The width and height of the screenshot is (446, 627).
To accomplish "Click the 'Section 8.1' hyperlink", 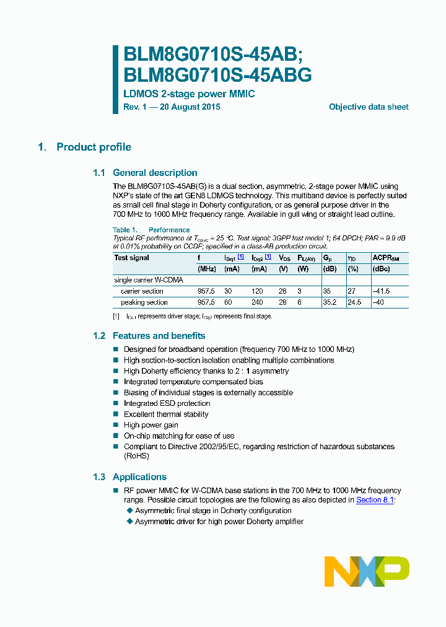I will [x=375, y=500].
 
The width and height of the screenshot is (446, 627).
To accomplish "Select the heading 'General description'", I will [x=155, y=173].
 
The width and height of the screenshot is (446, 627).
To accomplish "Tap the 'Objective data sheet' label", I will [x=369, y=107].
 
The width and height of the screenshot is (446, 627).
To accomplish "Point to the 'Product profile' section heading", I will [x=94, y=147].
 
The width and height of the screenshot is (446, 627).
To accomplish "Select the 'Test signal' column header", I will [x=132, y=258].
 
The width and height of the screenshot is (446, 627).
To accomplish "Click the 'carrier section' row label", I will [x=142, y=291].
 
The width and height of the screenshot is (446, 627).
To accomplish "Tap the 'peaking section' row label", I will [x=144, y=302].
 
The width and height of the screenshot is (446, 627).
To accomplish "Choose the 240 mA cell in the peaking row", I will [x=258, y=302].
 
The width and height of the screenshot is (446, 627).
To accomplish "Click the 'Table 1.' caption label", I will [x=125, y=230].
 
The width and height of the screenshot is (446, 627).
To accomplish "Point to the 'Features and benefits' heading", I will [x=159, y=336].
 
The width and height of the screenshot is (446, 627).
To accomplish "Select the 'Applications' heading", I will [x=139, y=477].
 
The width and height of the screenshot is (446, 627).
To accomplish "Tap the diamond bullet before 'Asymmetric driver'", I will [x=130, y=522].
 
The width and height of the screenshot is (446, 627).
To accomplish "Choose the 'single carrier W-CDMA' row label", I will [x=149, y=280].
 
